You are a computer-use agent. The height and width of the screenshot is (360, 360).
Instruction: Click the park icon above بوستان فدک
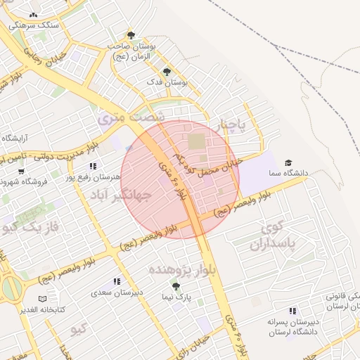[167, 72]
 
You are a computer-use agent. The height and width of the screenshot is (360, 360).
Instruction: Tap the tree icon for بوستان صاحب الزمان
[130, 35]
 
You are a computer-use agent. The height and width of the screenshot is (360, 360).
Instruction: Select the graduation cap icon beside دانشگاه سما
[287, 163]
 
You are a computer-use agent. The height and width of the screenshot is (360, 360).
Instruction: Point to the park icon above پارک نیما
[176, 287]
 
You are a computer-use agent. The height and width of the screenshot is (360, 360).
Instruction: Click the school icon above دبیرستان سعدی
[117, 281]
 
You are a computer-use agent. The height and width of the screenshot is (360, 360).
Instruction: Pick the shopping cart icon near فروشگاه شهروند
[21, 171]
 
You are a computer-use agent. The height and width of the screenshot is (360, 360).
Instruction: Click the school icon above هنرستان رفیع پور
[93, 167]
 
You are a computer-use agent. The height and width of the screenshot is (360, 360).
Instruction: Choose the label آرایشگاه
[18, 137]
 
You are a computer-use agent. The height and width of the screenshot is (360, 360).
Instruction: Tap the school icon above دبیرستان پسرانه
[292, 311]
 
